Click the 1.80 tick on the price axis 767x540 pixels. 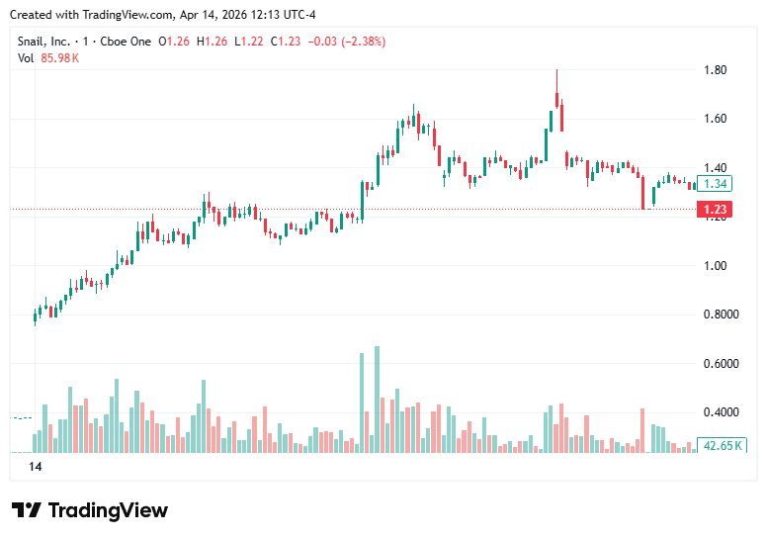click(716, 70)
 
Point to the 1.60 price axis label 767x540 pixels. click(716, 119)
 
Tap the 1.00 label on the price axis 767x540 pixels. click(716, 266)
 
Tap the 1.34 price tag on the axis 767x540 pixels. click(717, 184)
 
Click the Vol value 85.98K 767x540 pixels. click(60, 58)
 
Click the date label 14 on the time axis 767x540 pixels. click(36, 466)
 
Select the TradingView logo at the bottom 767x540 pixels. click(90, 510)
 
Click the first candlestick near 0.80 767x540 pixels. click(36, 316)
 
